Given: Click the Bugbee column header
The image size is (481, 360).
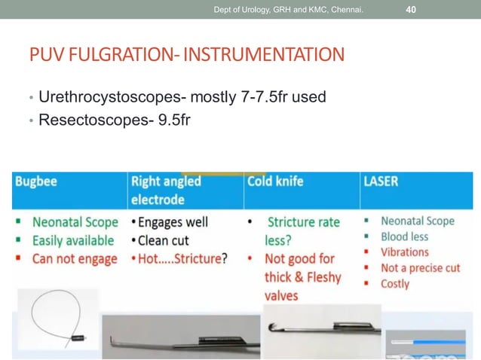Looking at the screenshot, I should tap(37, 182).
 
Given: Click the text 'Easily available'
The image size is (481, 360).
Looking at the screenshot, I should tap(73, 240).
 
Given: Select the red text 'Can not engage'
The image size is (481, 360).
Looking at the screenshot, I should tap(75, 258).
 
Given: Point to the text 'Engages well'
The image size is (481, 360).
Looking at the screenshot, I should tap(173, 222).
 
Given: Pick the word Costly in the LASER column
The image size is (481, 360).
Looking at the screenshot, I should tap(395, 284).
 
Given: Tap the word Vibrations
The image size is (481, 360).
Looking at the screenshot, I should tap(405, 252).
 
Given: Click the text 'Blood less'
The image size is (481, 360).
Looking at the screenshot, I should tap(404, 236).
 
